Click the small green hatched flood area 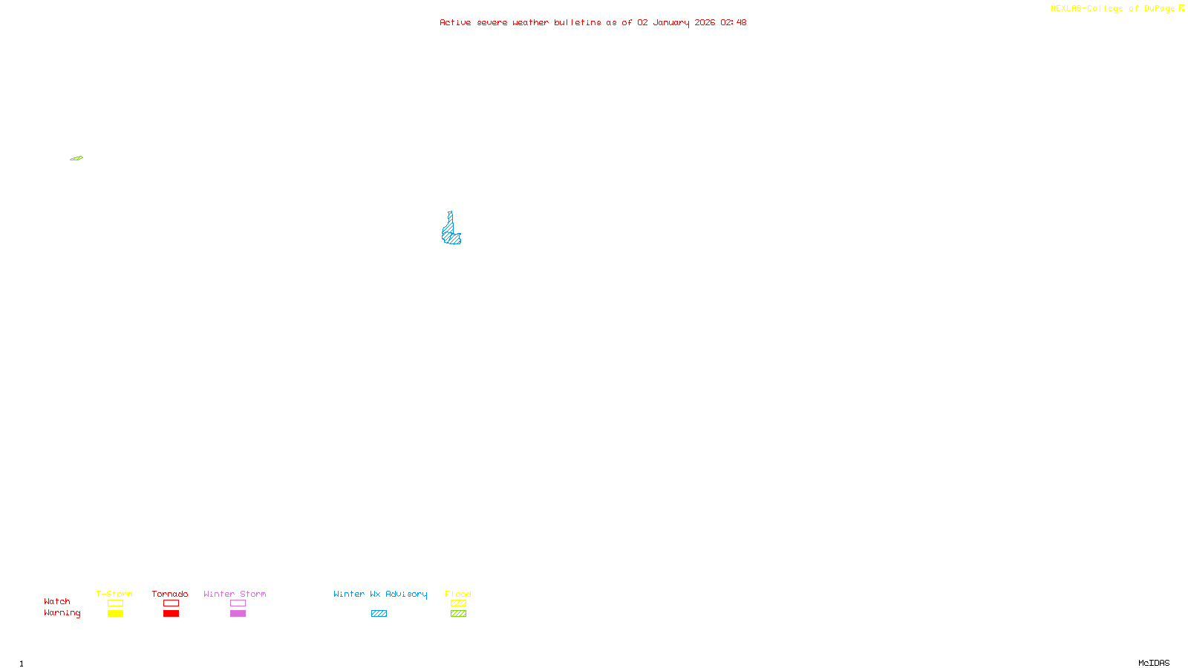click(76, 158)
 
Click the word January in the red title click(670, 23)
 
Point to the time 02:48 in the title click(733, 23)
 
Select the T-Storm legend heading click(114, 594)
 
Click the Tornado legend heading click(170, 594)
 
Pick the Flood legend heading click(458, 594)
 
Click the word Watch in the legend click(57, 602)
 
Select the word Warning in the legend click(62, 613)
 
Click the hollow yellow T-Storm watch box click(115, 603)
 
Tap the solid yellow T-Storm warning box click(115, 614)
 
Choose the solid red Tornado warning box click(172, 614)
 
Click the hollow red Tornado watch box click(172, 603)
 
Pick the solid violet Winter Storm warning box click(238, 614)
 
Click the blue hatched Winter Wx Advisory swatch click(379, 614)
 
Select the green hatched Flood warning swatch click(458, 614)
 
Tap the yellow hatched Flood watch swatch click(458, 603)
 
